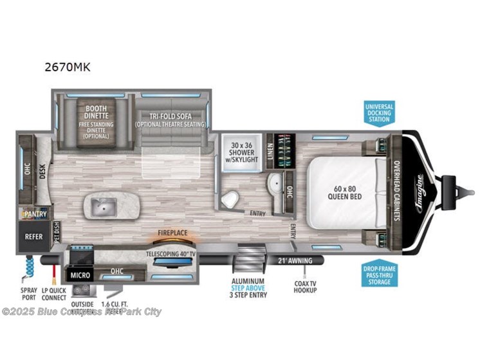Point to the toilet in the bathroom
pyautogui.click(x=228, y=202)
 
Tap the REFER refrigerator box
pyautogui.click(x=33, y=237)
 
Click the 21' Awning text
pyautogui.click(x=294, y=260)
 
